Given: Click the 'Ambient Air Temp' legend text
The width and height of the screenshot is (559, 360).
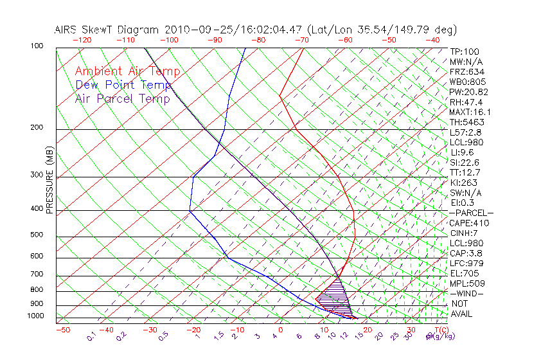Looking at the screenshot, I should click(x=127, y=71).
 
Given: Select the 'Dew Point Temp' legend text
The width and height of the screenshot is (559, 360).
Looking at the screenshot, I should click(x=123, y=85).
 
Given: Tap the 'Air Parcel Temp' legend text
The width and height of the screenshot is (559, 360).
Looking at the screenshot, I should click(x=123, y=98).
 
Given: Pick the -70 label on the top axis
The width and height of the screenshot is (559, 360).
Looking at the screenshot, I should click(x=301, y=39).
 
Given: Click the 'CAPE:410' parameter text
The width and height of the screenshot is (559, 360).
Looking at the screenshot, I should click(x=469, y=223).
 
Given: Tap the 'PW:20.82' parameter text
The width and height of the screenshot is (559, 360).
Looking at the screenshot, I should click(x=469, y=92).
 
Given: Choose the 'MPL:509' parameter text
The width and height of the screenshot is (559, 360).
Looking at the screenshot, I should click(x=466, y=283).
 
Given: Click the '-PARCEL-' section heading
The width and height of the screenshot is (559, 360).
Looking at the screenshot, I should click(x=471, y=213).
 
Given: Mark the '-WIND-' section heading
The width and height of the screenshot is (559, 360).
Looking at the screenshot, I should click(x=466, y=294).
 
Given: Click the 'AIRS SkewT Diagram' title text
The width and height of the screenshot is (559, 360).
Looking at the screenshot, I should click(x=108, y=30).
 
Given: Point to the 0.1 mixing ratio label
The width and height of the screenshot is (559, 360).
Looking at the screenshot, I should click(x=91, y=336).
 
